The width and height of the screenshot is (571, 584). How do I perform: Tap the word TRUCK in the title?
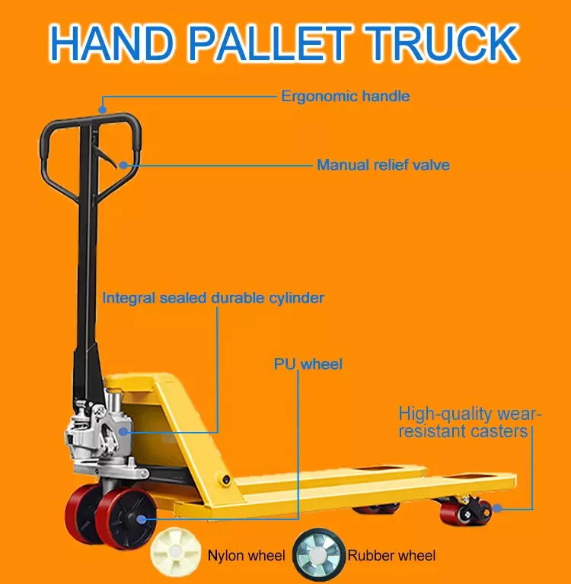click(445, 43)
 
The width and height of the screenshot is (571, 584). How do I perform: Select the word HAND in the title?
click(118, 43)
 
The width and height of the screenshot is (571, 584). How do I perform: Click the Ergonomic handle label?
click(345, 97)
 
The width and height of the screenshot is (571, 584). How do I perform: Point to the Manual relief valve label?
click(383, 165)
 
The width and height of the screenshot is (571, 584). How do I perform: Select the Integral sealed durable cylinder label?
click(213, 297)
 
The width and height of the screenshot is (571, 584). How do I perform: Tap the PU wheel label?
click(308, 364)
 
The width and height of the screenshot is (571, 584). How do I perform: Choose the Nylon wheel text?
click(246, 556)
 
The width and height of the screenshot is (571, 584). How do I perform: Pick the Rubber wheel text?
click(391, 556)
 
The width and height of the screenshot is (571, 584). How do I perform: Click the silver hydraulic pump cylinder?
click(107, 433)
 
